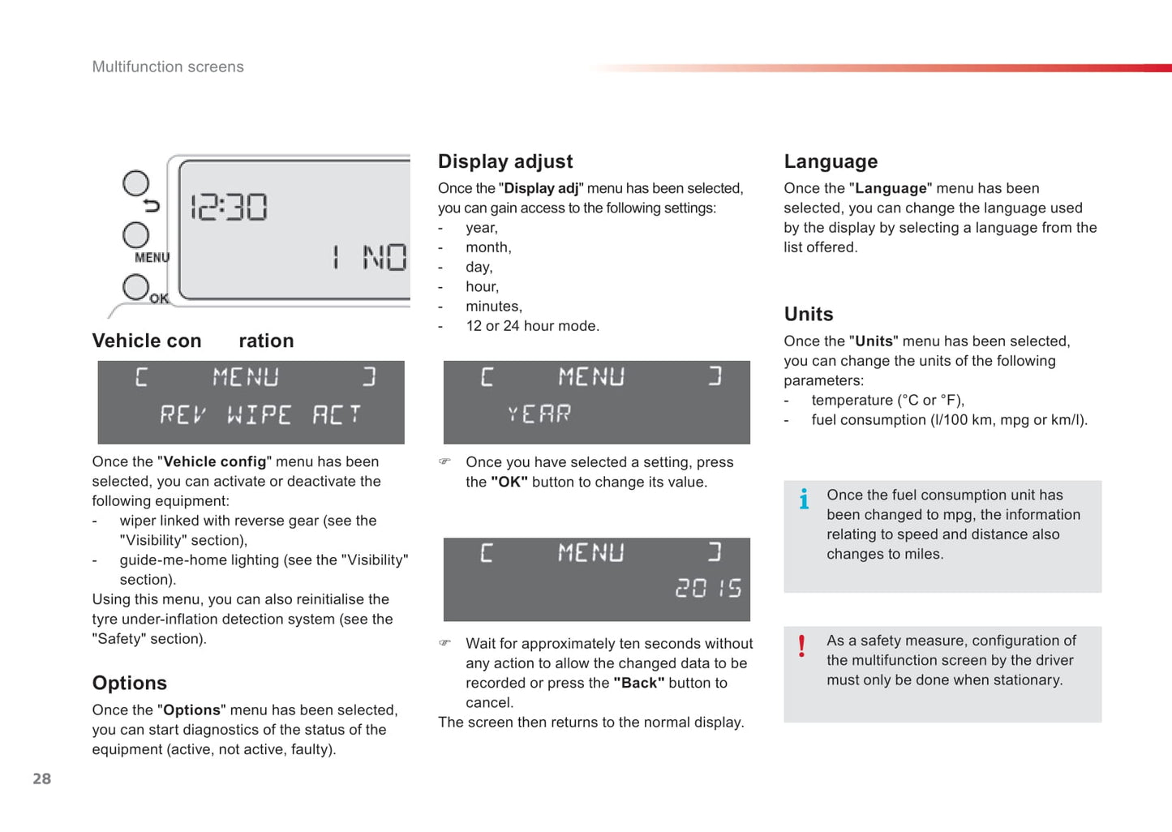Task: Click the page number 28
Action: [41, 778]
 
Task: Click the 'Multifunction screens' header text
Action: [168, 66]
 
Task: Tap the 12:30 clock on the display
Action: [229, 208]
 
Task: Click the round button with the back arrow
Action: [135, 184]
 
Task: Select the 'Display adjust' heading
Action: [504, 161]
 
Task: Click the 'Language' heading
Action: [831, 161]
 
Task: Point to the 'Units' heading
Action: [808, 314]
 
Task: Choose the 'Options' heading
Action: [129, 683]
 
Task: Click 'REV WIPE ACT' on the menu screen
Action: [260, 415]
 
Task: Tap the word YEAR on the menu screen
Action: [539, 414]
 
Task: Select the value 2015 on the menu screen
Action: [708, 588]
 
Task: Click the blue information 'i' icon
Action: [803, 499]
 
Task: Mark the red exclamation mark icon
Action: [801, 645]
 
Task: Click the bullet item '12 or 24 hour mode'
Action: [532, 326]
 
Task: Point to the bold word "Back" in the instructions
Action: [638, 683]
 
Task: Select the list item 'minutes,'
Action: [493, 307]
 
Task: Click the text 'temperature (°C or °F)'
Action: [887, 400]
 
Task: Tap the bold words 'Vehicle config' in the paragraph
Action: [215, 461]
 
